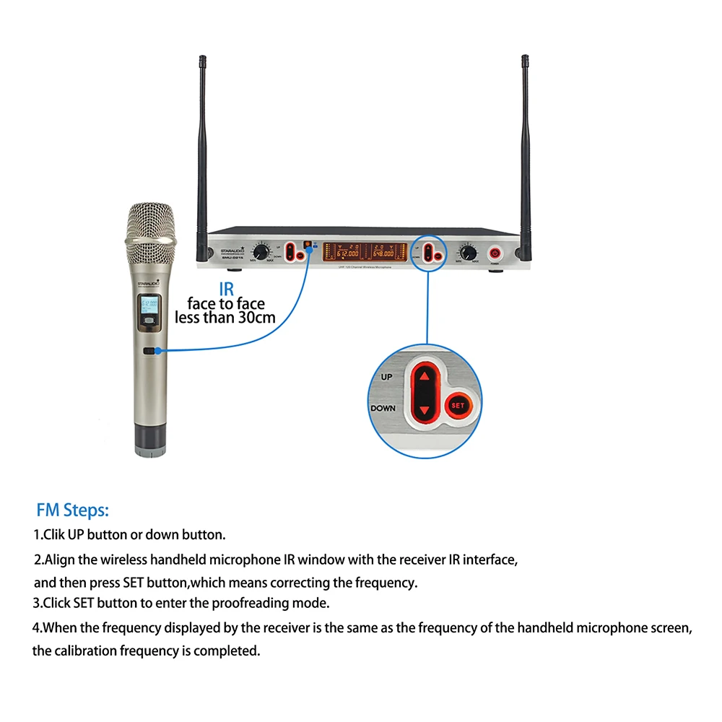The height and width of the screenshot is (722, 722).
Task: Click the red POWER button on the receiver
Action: pos(496,253)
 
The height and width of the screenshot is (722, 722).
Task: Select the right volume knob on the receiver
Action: pos(469,253)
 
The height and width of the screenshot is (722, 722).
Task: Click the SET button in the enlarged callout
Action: pos(458,405)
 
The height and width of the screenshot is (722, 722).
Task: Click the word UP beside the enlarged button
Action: pos(387,378)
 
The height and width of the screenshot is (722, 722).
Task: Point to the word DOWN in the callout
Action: pos(383,408)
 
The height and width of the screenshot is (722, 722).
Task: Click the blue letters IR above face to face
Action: pos(226,289)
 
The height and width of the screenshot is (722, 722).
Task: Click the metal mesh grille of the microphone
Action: pos(151,225)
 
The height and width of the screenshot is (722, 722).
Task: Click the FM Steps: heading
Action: pos(73,511)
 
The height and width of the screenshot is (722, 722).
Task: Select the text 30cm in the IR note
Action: pos(256,317)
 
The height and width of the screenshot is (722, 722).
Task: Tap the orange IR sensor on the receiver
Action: pos(306,244)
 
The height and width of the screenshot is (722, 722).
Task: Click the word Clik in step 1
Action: pos(55,535)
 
